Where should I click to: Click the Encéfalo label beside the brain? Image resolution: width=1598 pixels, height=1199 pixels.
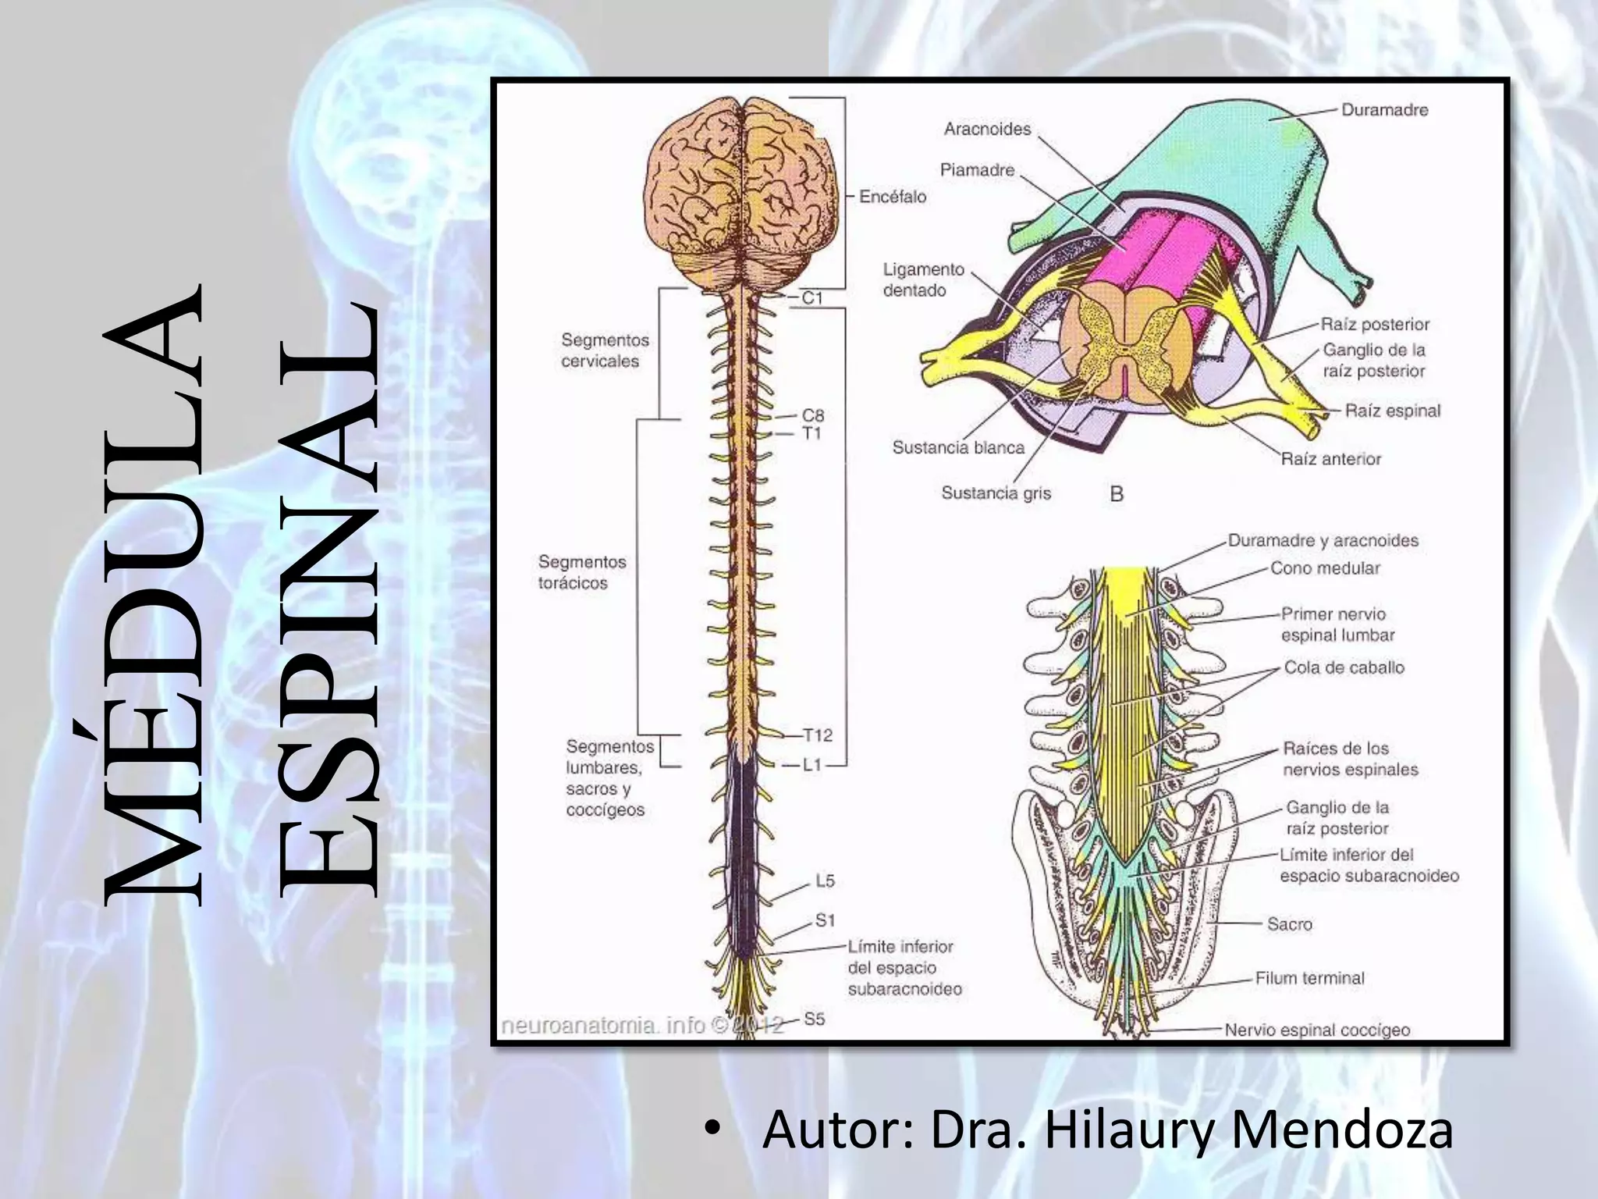[x=893, y=197]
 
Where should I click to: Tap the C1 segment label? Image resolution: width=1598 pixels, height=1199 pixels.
[x=811, y=297]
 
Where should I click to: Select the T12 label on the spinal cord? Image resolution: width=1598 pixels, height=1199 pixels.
[x=818, y=735]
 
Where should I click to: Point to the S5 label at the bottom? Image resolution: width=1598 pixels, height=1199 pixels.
[x=814, y=1019]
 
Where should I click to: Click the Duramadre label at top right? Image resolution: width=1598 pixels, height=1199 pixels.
[x=1384, y=110]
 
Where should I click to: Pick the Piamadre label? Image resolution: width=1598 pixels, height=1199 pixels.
[x=977, y=169]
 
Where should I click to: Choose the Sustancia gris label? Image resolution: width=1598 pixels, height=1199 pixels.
[x=996, y=493]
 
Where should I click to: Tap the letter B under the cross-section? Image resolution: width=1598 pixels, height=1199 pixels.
[x=1117, y=494]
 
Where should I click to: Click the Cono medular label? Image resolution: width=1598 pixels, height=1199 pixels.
[x=1325, y=568]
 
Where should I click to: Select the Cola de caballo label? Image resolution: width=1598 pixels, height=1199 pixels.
[x=1344, y=667]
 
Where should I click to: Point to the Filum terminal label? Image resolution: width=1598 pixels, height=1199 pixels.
[x=1309, y=978]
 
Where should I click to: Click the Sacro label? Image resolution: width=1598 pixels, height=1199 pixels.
[x=1289, y=924]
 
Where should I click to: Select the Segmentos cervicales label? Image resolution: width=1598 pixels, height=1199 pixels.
[x=605, y=350]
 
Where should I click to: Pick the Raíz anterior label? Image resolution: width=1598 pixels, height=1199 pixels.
[x=1330, y=459]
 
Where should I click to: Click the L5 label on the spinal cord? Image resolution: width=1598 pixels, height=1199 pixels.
[x=825, y=881]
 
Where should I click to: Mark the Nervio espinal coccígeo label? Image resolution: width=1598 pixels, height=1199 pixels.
[x=1317, y=1030]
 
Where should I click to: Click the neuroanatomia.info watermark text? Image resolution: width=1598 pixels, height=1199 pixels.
[x=616, y=1025]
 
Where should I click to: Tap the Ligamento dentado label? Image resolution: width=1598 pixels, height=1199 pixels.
[x=923, y=279]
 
